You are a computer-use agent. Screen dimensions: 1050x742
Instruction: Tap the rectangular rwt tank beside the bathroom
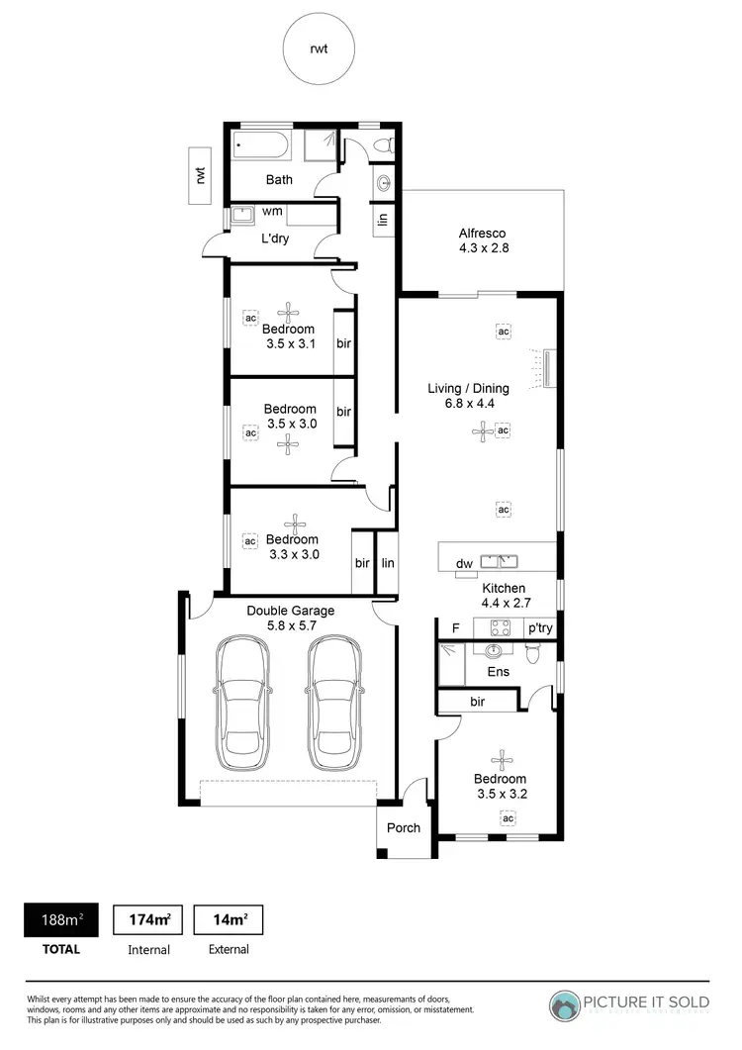pyautogui.click(x=201, y=175)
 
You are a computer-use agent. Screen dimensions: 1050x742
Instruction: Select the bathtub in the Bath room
pyautogui.click(x=261, y=147)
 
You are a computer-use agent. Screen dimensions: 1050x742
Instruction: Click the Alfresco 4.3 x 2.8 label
pyautogui.click(x=483, y=241)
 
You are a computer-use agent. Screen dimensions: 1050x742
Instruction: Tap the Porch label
pyautogui.click(x=404, y=828)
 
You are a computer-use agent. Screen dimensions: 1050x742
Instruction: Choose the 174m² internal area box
pyautogui.click(x=149, y=920)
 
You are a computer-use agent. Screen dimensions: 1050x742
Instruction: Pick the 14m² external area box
pyautogui.click(x=229, y=920)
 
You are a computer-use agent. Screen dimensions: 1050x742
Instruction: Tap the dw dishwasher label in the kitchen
pyautogui.click(x=463, y=564)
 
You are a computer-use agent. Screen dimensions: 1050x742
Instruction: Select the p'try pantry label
pyautogui.click(x=539, y=627)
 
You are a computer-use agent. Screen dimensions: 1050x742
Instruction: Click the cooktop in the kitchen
pyautogui.click(x=498, y=626)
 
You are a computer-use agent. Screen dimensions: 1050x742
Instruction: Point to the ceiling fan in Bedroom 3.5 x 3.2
pyautogui.click(x=504, y=758)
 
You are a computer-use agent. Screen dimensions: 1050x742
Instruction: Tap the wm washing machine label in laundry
pyautogui.click(x=272, y=212)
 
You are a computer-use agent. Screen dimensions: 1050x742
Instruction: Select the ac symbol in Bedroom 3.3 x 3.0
pyautogui.click(x=249, y=541)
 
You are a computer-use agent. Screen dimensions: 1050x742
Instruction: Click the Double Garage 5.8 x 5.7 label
pyautogui.click(x=290, y=619)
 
